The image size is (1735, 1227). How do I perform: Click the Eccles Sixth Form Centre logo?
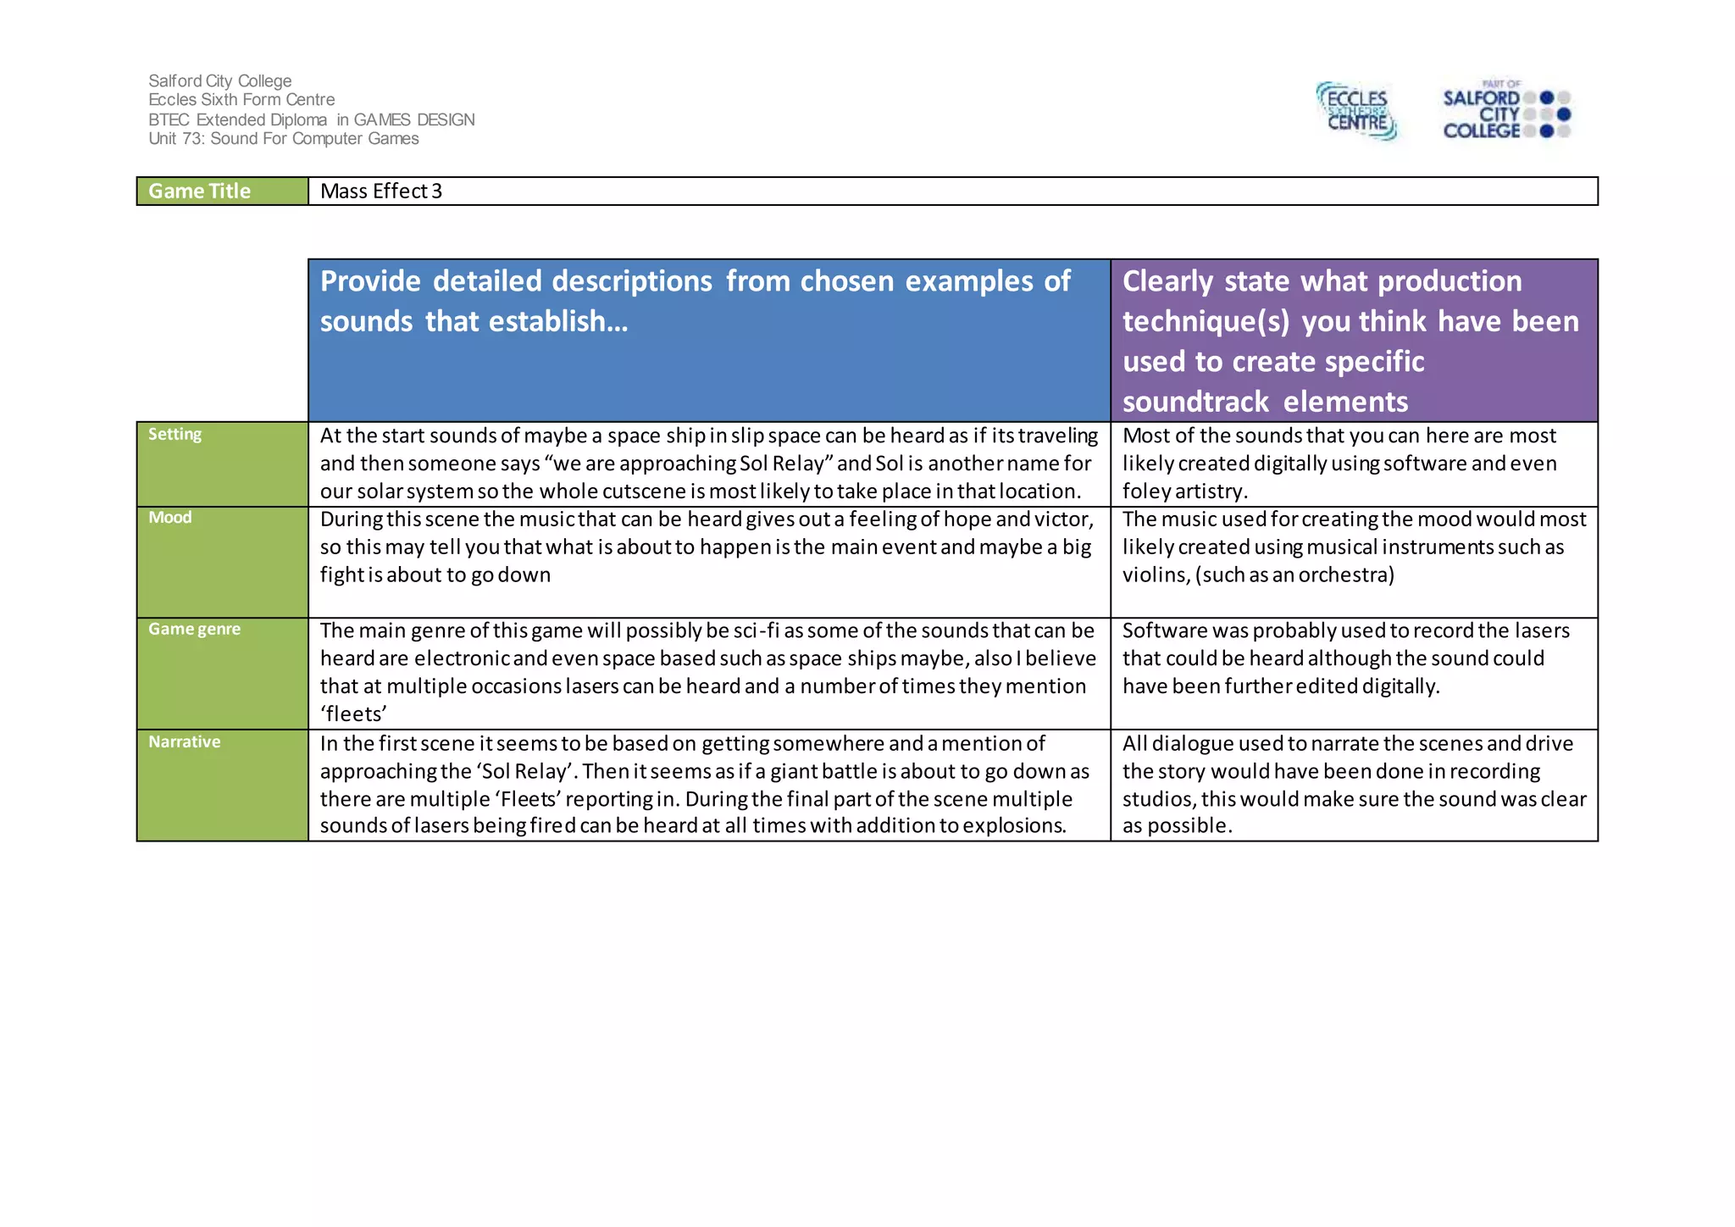pyautogui.click(x=1356, y=111)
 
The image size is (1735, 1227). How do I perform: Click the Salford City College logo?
pyautogui.click(x=1505, y=112)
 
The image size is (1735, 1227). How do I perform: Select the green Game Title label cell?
pyautogui.click(x=222, y=192)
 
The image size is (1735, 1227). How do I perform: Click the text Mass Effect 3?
pyautogui.click(x=381, y=192)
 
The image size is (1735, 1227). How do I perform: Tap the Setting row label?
pyautogui.click(x=175, y=435)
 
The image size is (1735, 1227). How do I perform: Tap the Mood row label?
pyautogui.click(x=170, y=518)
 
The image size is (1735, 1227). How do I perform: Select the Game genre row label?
pyautogui.click(x=195, y=630)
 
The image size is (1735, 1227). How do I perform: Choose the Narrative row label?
pyautogui.click(x=185, y=742)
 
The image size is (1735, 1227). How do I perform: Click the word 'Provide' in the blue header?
pyautogui.click(x=370, y=281)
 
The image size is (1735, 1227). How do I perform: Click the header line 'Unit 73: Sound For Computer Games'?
pyautogui.click(x=284, y=139)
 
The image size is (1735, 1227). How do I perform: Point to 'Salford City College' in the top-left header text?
pyautogui.click(x=220, y=81)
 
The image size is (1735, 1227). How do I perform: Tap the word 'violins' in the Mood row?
pyautogui.click(x=1156, y=575)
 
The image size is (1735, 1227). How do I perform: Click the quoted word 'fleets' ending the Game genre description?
pyautogui.click(x=353, y=714)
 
